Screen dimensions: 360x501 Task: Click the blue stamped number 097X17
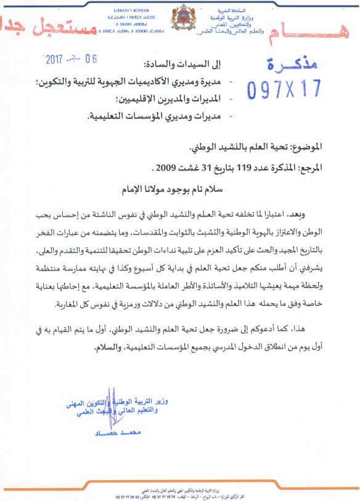click(284, 90)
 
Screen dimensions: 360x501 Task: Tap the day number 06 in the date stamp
click(91, 59)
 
